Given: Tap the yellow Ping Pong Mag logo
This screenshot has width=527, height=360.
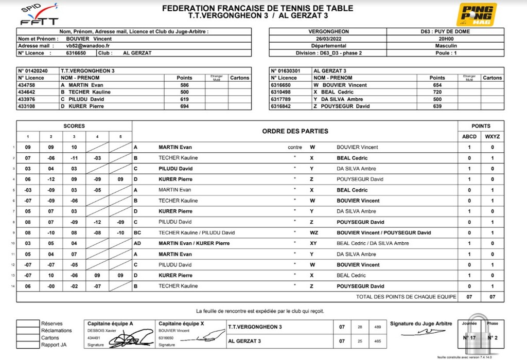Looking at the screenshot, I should pyautogui.click(x=477, y=14).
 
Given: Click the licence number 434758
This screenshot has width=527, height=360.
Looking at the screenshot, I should pyautogui.click(x=27, y=85).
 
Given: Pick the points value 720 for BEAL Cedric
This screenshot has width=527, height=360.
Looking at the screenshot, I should pyautogui.click(x=437, y=92).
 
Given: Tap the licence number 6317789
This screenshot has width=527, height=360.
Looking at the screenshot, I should pyautogui.click(x=281, y=99).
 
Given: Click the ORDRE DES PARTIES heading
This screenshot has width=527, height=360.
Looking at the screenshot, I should pyautogui.click(x=295, y=131).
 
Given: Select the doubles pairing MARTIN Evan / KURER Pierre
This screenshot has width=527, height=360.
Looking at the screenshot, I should pyautogui.click(x=194, y=243).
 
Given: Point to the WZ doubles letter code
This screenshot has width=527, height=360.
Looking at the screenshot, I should pyautogui.click(x=313, y=232).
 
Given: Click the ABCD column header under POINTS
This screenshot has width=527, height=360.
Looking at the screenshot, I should pyautogui.click(x=469, y=136).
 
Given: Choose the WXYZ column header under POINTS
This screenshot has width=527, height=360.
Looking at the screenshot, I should pyautogui.click(x=492, y=136).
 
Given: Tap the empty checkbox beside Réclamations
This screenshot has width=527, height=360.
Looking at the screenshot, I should pyautogui.click(x=28, y=331).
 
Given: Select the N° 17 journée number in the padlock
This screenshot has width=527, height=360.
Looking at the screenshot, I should pyautogui.click(x=469, y=338).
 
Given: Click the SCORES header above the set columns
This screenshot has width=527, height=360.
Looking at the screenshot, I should pyautogui.click(x=74, y=126).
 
